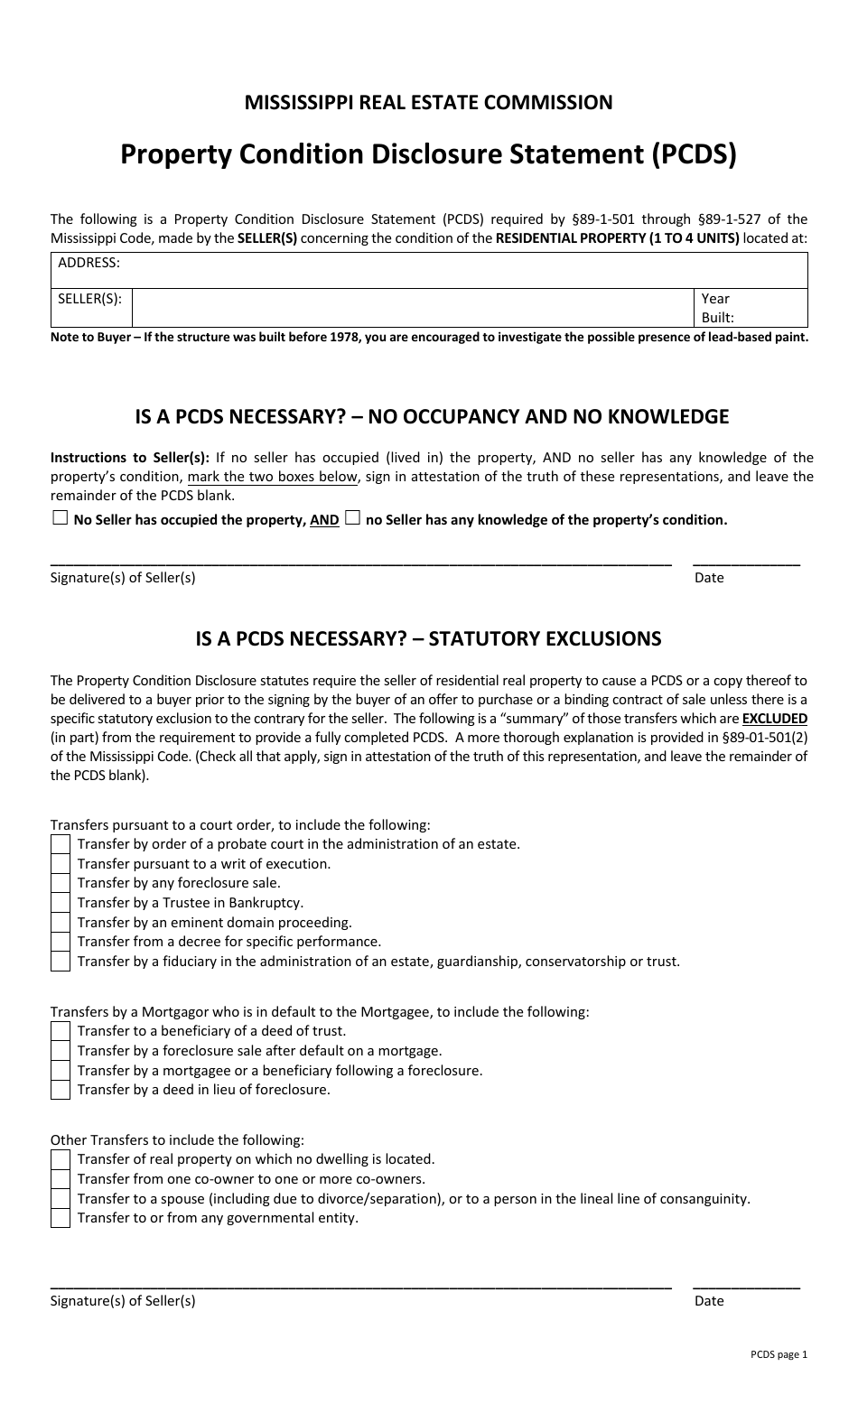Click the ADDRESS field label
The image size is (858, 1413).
[x=89, y=263]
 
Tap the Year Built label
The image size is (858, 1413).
[x=717, y=308]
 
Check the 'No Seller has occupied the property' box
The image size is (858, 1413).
[x=60, y=518]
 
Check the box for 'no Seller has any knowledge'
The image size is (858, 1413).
[x=353, y=518]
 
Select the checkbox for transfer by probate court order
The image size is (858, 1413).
[x=61, y=844]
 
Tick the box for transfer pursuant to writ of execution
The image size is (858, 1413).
[x=61, y=864]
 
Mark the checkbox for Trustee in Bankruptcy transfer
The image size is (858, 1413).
[x=61, y=903]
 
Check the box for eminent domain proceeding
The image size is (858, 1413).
[x=61, y=923]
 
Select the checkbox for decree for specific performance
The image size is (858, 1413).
[x=61, y=942]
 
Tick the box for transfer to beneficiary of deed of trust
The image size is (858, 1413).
[x=61, y=1031]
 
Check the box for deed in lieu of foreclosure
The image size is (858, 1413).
[x=61, y=1090]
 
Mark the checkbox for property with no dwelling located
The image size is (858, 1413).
[x=61, y=1159]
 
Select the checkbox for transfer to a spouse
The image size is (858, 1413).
[x=61, y=1199]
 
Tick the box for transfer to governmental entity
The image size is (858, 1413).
[x=61, y=1218]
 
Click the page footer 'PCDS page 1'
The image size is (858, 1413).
[x=779, y=1354]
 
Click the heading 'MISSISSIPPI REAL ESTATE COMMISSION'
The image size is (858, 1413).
[x=428, y=103]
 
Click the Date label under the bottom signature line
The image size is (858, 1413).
[x=709, y=1301]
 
